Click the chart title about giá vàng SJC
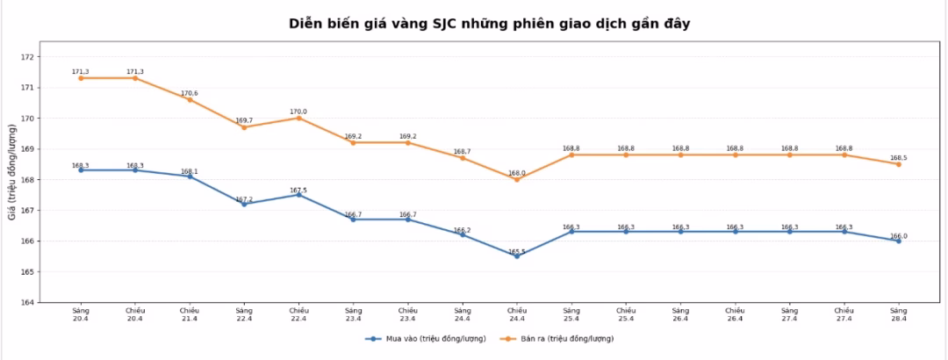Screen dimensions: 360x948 point(489,24)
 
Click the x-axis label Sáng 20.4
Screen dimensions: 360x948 point(81,314)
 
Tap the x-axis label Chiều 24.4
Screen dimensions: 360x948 point(517,314)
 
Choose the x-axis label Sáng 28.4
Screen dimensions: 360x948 point(898,314)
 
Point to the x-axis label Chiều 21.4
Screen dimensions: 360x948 point(190,314)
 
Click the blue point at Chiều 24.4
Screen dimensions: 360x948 point(517,256)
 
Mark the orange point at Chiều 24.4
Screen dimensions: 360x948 point(517,179)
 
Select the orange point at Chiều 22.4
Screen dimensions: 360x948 point(298,118)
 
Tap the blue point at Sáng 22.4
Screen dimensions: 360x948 point(244,204)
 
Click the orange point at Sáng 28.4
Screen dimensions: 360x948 point(898,164)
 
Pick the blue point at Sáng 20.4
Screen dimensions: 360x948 point(81,170)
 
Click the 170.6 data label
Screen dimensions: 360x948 point(190,93)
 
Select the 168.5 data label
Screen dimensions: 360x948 point(898,158)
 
